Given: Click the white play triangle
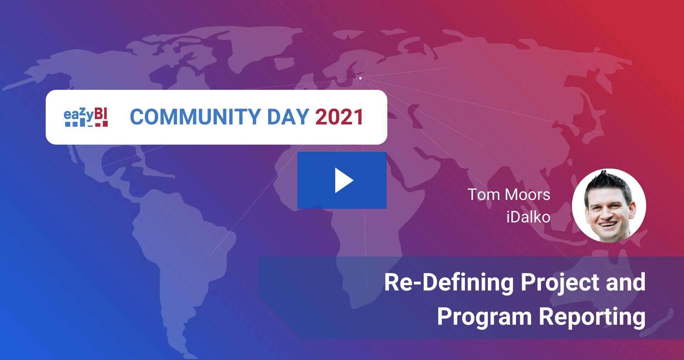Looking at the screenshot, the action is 343,180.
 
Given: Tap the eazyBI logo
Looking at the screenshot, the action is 86,117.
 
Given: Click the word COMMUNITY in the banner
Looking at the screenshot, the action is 195,117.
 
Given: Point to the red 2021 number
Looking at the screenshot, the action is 339,117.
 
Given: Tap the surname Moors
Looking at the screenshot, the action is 528,195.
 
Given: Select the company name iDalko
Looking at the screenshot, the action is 528,217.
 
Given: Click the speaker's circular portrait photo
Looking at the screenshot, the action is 609,206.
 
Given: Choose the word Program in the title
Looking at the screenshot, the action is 484,317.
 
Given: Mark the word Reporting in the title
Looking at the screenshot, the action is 592,317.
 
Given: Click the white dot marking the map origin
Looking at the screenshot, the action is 361,78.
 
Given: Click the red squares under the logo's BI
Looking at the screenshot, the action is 101,124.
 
